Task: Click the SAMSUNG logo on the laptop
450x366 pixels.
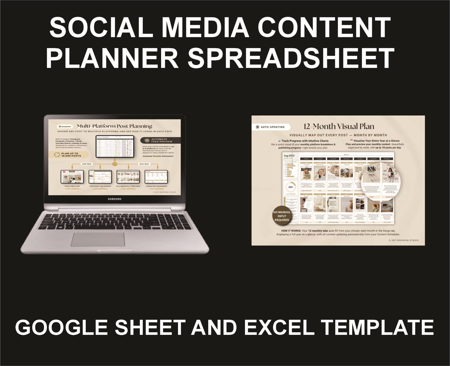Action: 115,199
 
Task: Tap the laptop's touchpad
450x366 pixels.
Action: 98,239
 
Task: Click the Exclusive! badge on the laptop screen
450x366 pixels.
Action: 64,127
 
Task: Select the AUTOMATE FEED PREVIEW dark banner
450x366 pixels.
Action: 158,140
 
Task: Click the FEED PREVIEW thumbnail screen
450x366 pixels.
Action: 72,177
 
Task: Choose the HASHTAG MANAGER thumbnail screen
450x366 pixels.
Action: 156,177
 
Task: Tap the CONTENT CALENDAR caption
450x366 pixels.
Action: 100,186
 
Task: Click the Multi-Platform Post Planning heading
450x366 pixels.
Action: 114,126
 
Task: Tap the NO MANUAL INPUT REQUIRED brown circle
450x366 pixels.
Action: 282,216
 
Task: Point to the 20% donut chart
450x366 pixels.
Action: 291,187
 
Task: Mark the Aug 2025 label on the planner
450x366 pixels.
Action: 289,156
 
